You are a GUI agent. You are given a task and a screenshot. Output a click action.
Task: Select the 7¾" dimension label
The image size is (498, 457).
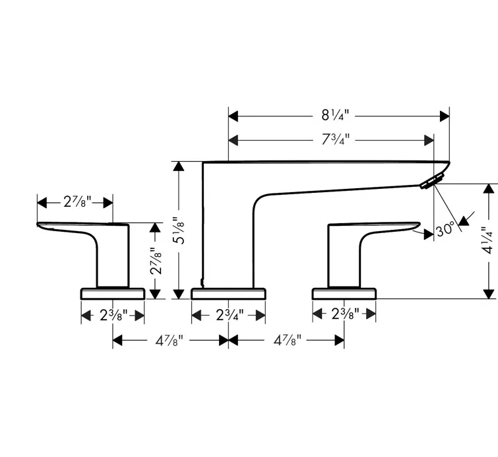[x=335, y=139]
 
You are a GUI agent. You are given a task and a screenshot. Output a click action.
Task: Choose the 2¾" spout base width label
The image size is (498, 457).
[x=230, y=316]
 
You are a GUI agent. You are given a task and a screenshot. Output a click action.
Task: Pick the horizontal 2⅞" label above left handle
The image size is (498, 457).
[x=77, y=201]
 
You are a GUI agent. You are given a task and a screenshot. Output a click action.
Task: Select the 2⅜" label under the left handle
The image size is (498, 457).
[x=113, y=316]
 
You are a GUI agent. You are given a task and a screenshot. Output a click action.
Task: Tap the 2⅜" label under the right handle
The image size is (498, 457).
[x=345, y=316]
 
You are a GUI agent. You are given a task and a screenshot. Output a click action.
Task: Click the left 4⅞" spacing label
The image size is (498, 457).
[x=170, y=341]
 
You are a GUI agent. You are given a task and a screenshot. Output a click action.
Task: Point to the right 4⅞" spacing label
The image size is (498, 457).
[x=286, y=341]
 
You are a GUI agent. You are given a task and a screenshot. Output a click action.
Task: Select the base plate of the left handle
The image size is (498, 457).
[x=113, y=293]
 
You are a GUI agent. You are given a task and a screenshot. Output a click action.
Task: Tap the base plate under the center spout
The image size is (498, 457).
[x=230, y=293]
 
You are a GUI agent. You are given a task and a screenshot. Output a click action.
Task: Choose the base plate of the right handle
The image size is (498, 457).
[x=344, y=293]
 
